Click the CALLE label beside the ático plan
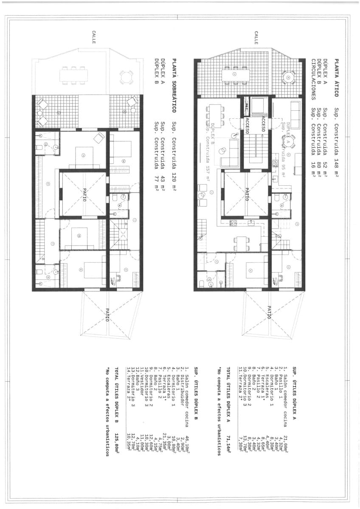(256, 38)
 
